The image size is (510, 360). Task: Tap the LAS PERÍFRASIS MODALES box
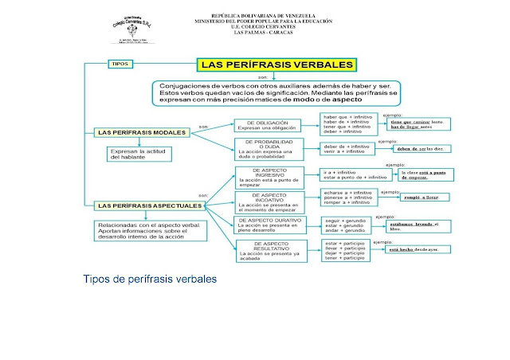[x=142, y=131]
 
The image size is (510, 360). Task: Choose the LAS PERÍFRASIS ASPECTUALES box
[x=148, y=205]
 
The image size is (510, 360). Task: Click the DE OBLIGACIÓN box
[x=266, y=125]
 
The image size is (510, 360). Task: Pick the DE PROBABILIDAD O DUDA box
[x=266, y=149]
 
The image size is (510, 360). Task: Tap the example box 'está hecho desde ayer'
[x=421, y=249]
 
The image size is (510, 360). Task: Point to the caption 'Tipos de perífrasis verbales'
[x=150, y=280]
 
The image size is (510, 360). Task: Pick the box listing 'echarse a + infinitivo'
[x=347, y=198]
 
